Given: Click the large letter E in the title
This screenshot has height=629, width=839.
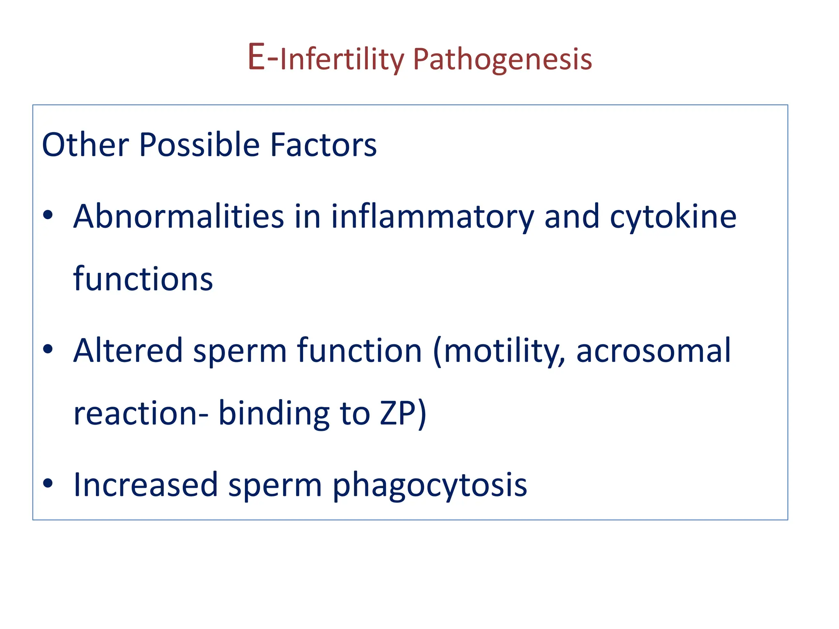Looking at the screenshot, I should tap(256, 57).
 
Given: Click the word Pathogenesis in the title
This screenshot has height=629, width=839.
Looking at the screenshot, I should tap(502, 60).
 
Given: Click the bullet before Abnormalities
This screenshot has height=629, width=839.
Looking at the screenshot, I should tap(48, 215).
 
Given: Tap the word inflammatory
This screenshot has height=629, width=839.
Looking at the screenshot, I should tap(432, 217).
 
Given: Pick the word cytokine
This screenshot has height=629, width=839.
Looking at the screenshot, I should tap(673, 217).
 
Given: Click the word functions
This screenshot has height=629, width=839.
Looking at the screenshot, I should tap(143, 279).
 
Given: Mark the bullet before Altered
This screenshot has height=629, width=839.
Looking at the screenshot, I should tap(48, 348).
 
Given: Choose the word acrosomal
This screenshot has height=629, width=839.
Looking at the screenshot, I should tap(653, 351).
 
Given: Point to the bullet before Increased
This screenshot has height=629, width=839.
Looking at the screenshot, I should tap(48, 483).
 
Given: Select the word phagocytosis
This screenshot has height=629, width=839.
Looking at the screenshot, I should tap(429, 486).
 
